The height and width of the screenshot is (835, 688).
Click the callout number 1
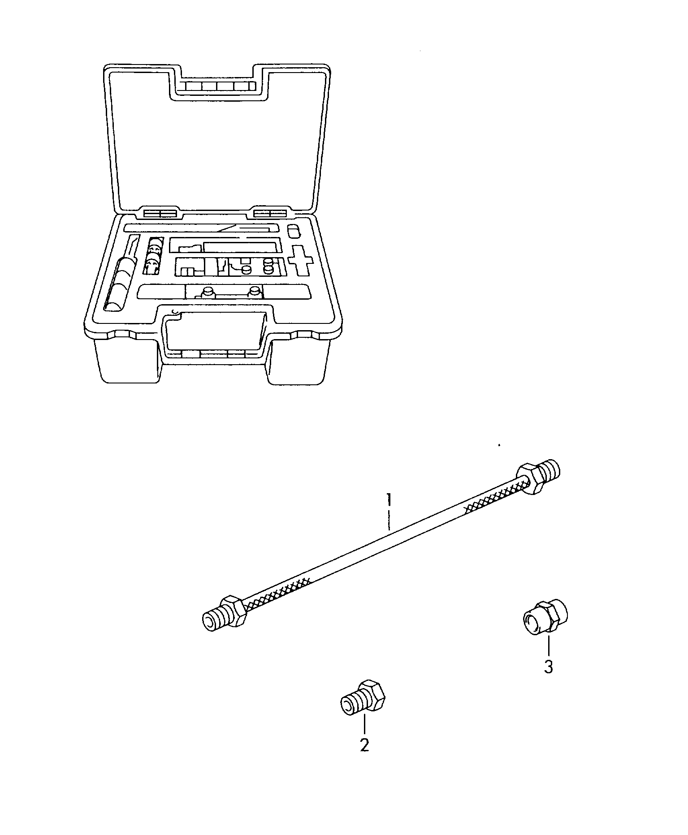(x=389, y=499)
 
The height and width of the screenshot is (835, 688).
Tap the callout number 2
(x=364, y=745)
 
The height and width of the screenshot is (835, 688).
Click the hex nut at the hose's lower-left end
(x=233, y=611)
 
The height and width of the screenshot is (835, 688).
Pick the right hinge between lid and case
(x=270, y=212)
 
